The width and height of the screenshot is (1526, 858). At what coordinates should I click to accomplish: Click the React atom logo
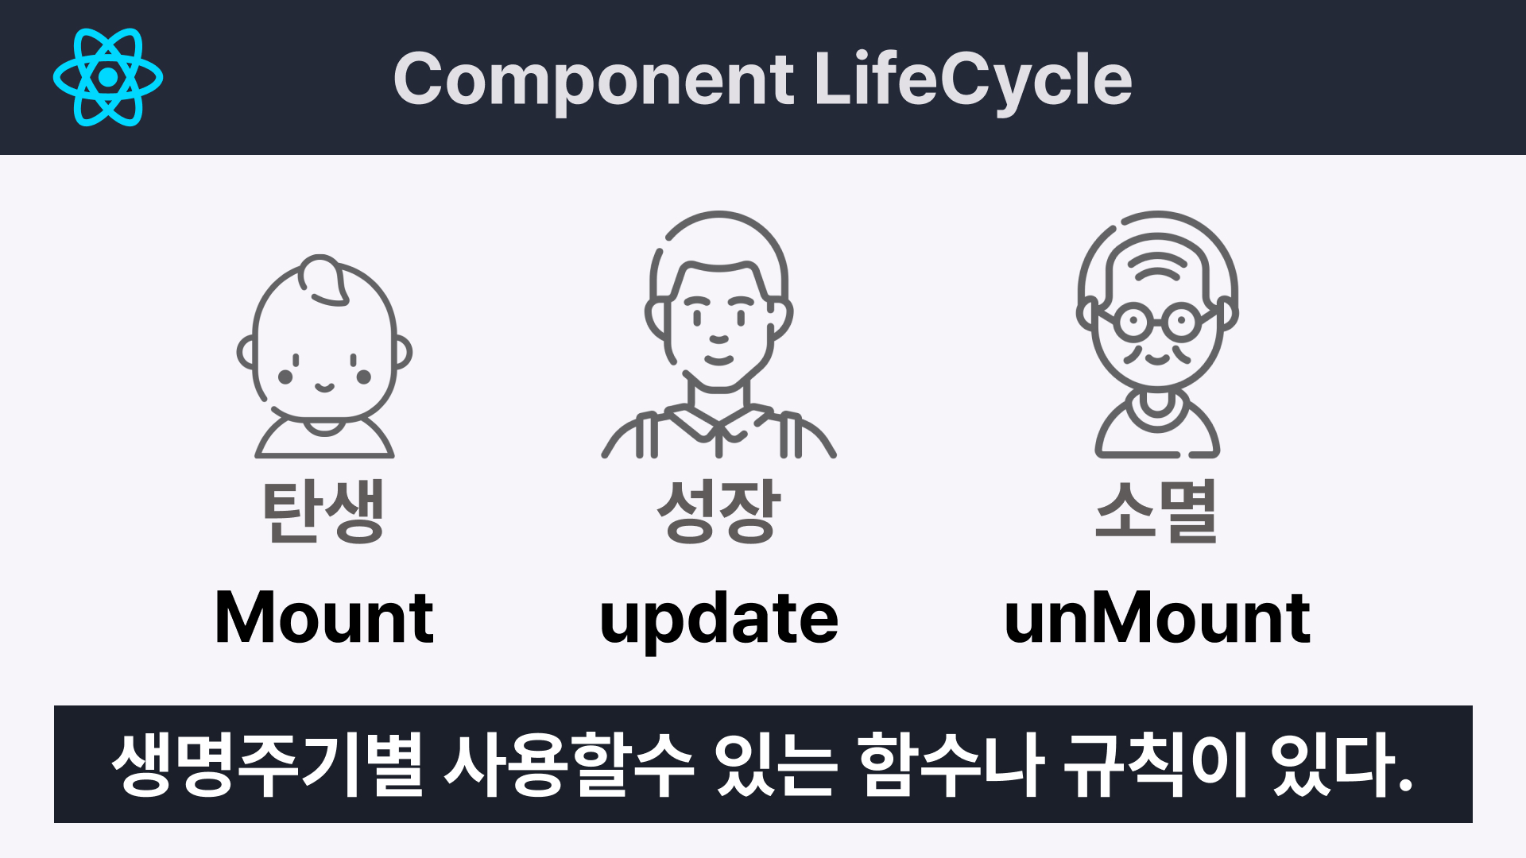[x=108, y=77]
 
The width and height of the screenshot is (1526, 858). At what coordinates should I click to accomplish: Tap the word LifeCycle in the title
[x=974, y=79]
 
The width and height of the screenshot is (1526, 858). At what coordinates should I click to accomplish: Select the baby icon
[x=324, y=357]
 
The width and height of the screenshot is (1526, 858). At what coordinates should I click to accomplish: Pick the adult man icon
[x=718, y=334]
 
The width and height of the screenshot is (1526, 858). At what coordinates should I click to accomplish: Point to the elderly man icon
[x=1157, y=334]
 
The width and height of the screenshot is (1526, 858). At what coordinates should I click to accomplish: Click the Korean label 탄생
[x=324, y=512]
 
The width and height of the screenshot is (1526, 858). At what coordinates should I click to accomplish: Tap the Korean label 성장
[x=718, y=512]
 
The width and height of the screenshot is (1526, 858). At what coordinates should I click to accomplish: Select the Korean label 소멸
[x=1156, y=512]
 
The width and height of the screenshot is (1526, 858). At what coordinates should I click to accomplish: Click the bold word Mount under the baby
[x=324, y=618]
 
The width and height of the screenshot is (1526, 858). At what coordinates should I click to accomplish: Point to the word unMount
[x=1157, y=618]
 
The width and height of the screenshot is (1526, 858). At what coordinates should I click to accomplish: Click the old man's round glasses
[x=1157, y=323]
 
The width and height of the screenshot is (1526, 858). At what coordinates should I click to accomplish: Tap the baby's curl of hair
[x=323, y=280]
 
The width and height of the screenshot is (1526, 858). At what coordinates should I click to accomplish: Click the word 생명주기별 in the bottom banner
[x=267, y=764]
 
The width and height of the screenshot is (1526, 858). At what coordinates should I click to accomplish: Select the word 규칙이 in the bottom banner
[x=1156, y=764]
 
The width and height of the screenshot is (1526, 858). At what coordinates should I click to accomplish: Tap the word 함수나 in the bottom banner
[x=951, y=764]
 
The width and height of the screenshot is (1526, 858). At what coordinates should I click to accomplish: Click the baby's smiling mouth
[x=324, y=388]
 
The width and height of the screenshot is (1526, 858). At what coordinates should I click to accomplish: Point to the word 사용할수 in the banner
[x=569, y=764]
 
